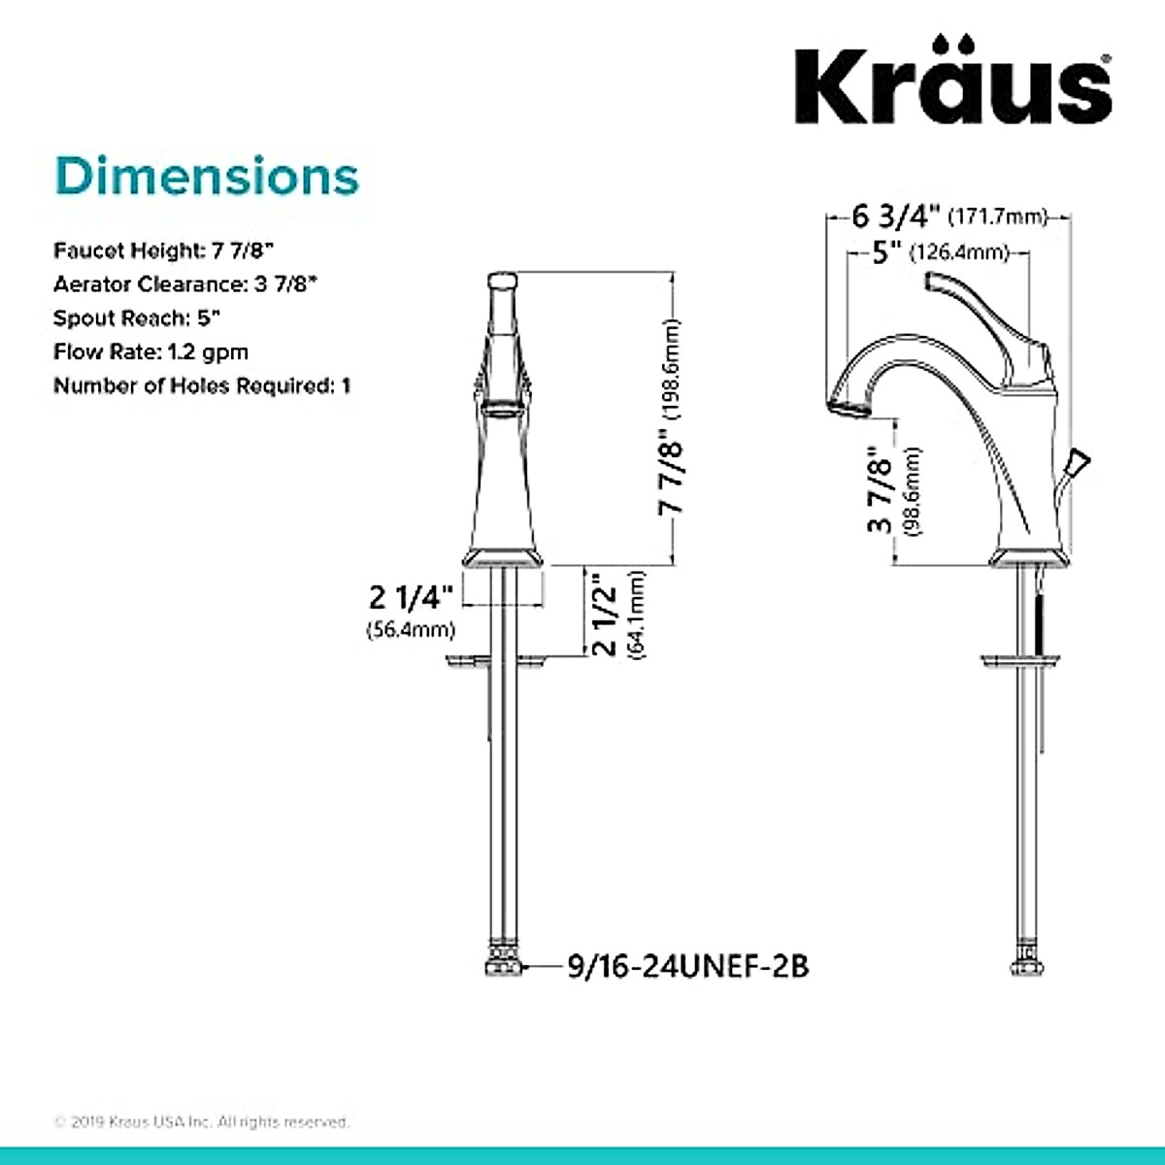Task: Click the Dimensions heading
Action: pyautogui.click(x=207, y=177)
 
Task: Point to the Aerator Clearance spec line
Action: pyautogui.click(x=185, y=284)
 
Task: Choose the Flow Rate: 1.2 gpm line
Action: pyautogui.click(x=150, y=351)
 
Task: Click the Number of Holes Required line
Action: pyautogui.click(x=202, y=385)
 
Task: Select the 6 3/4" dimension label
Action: pyautogui.click(x=896, y=215)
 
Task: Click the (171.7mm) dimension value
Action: pyautogui.click(x=998, y=216)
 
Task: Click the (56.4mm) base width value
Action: pyautogui.click(x=411, y=630)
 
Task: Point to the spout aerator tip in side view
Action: pyautogui.click(x=845, y=406)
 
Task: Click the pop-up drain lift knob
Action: pyautogui.click(x=1077, y=462)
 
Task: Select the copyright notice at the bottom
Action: pyautogui.click(x=202, y=1121)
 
